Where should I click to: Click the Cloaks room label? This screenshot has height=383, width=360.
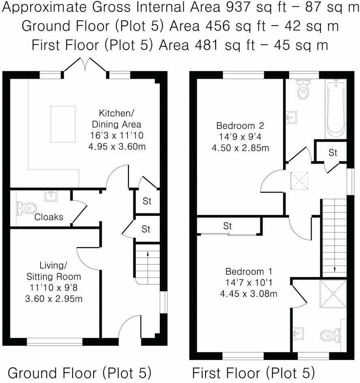(49, 217)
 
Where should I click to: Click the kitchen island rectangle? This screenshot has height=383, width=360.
(63, 124)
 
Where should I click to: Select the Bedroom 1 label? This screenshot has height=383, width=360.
(249, 271)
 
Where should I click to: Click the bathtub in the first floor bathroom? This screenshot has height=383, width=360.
(335, 109)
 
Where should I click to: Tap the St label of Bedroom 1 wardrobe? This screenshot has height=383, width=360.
(227, 226)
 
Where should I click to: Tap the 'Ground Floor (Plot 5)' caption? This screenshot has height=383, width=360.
(79, 372)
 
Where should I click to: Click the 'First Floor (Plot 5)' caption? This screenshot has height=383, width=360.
(253, 372)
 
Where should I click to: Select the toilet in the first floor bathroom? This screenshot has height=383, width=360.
(302, 90)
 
